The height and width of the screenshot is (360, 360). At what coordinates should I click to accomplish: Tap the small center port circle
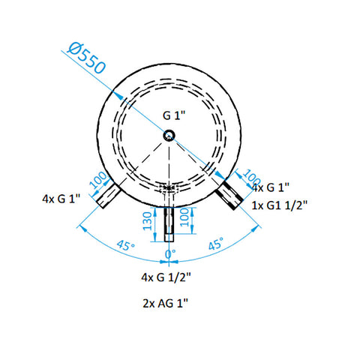point(169,136)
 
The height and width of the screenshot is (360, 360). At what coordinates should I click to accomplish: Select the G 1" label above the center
point(174,115)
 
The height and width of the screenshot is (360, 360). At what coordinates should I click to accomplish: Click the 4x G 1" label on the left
point(61,199)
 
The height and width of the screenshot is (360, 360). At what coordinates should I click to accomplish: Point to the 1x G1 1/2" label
point(279,205)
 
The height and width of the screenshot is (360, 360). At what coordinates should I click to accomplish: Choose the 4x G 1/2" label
point(166,277)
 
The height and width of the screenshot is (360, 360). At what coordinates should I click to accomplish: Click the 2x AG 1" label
point(165,304)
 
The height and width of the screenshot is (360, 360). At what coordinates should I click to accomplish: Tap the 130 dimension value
point(147,221)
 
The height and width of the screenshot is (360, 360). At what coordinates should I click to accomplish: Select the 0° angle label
point(170,254)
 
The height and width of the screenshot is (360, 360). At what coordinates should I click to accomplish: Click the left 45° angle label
point(126,245)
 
